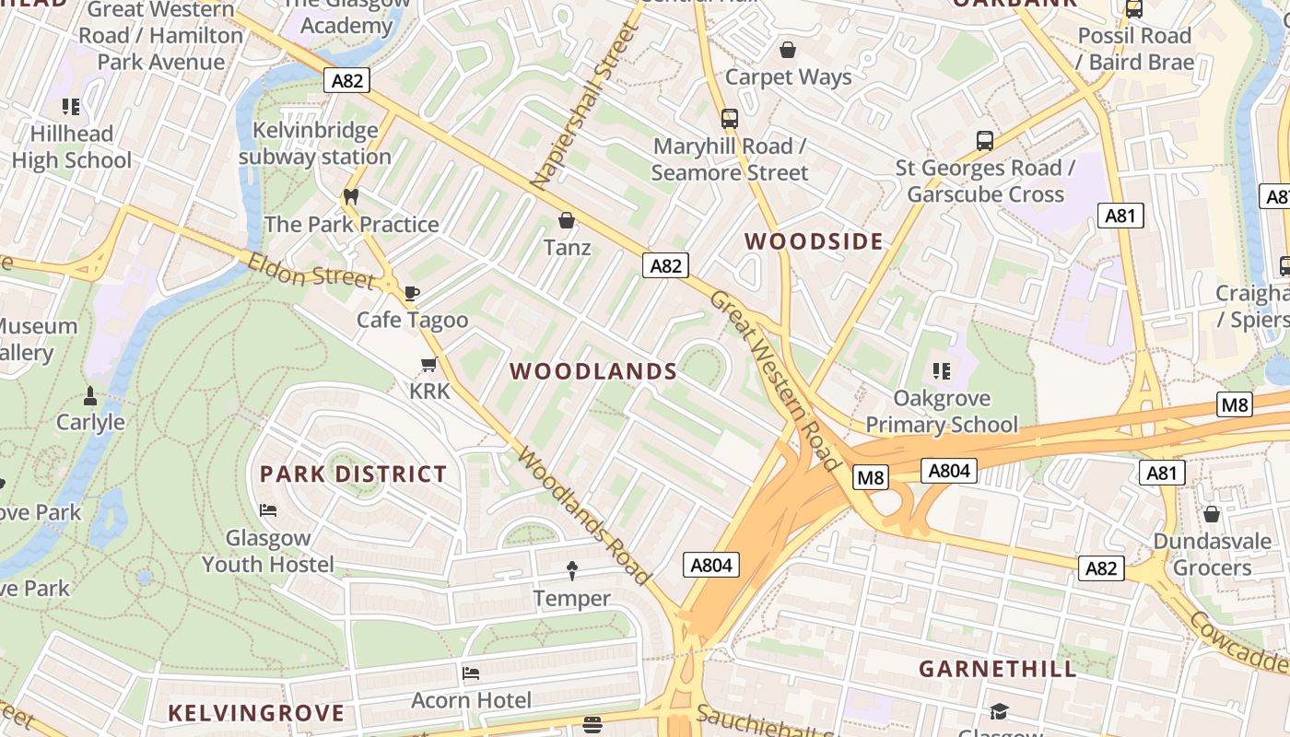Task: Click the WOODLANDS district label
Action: point(593,372)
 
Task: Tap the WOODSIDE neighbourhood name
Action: point(814,242)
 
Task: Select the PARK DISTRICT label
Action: point(353,474)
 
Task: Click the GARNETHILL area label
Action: point(997,669)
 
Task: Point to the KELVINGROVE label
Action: point(256,713)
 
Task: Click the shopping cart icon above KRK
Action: point(428,365)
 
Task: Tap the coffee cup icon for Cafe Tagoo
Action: point(412,293)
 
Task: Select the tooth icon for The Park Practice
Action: point(350,196)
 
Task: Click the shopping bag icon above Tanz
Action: point(567,221)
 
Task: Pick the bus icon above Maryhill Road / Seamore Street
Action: point(729,118)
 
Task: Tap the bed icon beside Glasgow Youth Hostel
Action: point(268,509)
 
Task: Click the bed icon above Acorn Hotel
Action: point(471,673)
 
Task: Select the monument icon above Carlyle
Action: point(90,396)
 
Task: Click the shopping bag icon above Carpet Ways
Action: point(788,50)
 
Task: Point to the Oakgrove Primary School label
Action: point(942,412)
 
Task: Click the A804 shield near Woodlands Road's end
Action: point(711,565)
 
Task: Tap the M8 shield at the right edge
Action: point(1235,404)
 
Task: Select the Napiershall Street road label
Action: point(584,106)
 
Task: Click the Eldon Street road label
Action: point(311,272)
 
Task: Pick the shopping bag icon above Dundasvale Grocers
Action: point(1212,514)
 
